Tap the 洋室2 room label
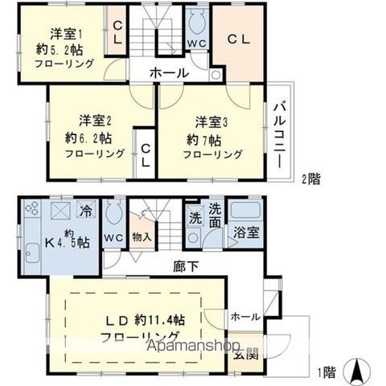pos(94,121)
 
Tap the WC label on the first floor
pos(114,238)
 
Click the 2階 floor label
pos(310,178)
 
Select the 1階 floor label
pos(326,372)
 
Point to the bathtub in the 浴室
pos(247,212)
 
